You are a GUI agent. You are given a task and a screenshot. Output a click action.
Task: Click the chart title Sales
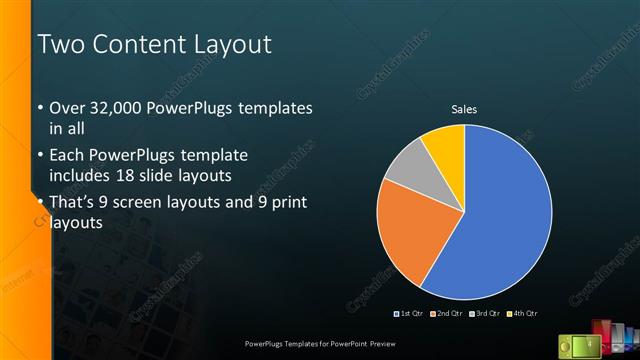click(x=464, y=109)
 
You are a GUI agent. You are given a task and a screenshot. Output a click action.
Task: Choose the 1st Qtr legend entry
click(x=411, y=314)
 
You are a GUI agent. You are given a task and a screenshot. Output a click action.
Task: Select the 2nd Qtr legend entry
click(x=447, y=314)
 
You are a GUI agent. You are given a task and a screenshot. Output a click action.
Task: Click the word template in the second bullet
click(x=212, y=156)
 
